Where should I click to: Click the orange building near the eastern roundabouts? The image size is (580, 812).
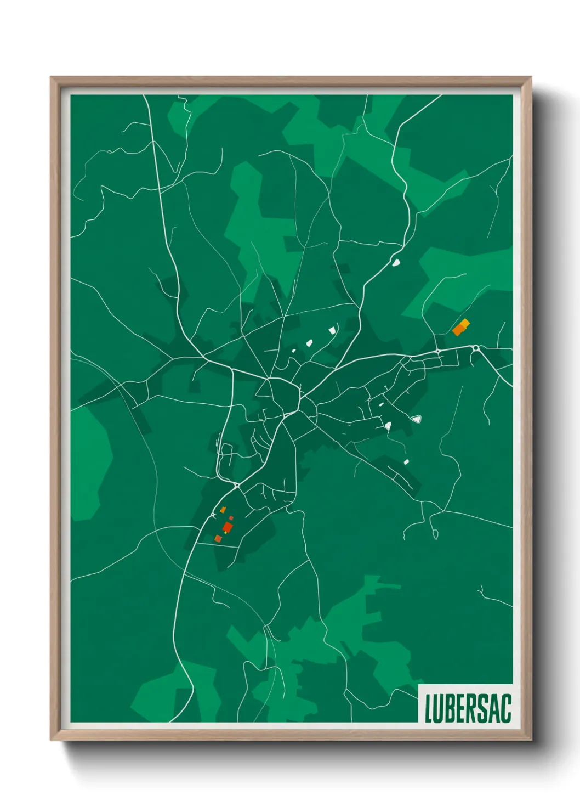(460, 328)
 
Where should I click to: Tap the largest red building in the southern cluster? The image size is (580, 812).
(228, 527)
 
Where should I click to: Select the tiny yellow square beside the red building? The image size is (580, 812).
(225, 533)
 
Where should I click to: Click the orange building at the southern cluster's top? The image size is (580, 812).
(223, 510)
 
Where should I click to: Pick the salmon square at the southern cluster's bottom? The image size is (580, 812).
(218, 539)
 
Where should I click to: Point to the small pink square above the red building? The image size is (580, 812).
(231, 517)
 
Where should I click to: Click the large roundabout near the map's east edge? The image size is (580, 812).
(476, 348)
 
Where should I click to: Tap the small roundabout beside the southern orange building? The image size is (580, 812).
(213, 515)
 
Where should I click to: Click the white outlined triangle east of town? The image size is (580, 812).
(417, 420)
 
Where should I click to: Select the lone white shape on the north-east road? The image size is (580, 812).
(395, 263)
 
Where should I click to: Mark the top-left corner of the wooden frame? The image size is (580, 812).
(51, 77)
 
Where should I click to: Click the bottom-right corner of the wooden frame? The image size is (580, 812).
(531, 740)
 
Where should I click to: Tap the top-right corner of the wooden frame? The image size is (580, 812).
(531, 77)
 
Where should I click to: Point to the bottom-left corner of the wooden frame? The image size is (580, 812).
(51, 740)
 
